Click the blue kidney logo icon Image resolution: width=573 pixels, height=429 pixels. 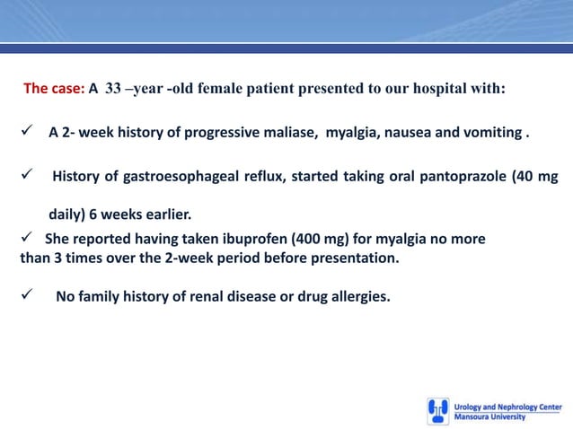(x=437, y=411)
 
